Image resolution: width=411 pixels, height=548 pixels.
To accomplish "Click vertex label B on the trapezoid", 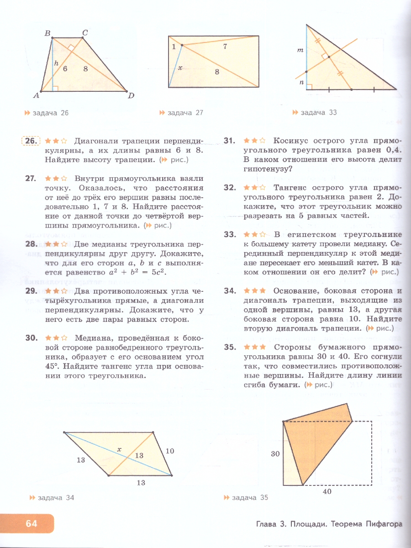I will pyautogui.click(x=47, y=32).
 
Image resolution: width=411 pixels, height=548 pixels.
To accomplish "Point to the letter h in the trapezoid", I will pyautogui.click(x=56, y=64).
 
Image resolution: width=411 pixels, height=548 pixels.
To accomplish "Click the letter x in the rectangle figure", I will pyautogui.click(x=180, y=68).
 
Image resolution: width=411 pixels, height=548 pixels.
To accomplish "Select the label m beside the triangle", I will pyautogui.click(x=300, y=51).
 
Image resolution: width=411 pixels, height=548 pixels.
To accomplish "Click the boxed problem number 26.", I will pyautogui.click(x=31, y=142).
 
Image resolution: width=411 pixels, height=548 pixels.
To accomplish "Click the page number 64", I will pyautogui.click(x=31, y=523).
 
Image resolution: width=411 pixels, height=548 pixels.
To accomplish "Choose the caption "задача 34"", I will pyautogui.click(x=55, y=498).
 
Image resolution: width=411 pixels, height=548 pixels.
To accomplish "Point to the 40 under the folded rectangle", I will pyautogui.click(x=327, y=491).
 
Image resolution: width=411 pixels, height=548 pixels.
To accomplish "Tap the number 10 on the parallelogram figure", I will pyautogui.click(x=170, y=451).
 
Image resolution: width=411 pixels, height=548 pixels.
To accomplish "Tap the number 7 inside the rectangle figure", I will pyautogui.click(x=225, y=47).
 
